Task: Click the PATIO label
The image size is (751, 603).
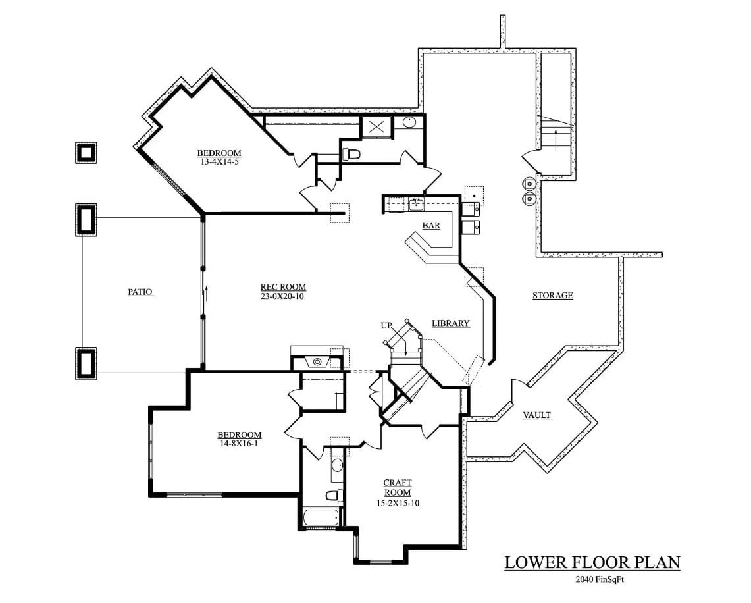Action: (140, 292)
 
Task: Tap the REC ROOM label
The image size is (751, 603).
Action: (283, 287)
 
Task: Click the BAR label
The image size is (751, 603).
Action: (431, 226)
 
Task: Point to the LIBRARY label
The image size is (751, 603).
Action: (451, 323)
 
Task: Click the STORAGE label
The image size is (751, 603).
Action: (552, 296)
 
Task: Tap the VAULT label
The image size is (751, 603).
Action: (537, 415)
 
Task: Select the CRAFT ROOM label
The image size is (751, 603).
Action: (398, 488)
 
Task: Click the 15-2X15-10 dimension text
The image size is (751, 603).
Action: (397, 504)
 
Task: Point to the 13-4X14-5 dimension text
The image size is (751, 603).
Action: (219, 161)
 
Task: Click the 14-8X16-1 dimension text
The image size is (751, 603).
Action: (240, 444)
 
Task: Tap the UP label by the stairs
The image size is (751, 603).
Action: (386, 326)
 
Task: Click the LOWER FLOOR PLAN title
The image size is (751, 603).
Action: (592, 563)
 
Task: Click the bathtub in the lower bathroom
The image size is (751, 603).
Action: (322, 517)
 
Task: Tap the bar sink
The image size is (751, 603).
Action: (416, 205)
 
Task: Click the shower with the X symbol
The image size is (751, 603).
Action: (377, 126)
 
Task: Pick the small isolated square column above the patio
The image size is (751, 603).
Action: (86, 153)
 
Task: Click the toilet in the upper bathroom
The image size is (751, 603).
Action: (351, 155)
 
